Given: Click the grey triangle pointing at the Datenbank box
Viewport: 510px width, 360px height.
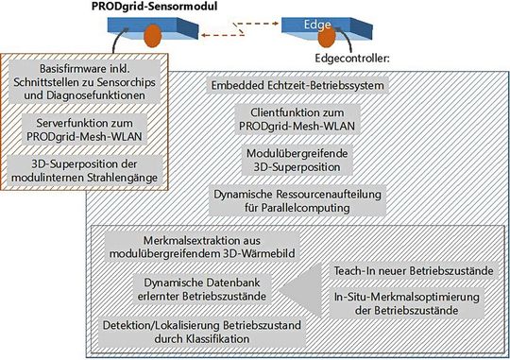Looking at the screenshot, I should pos(300,289).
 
